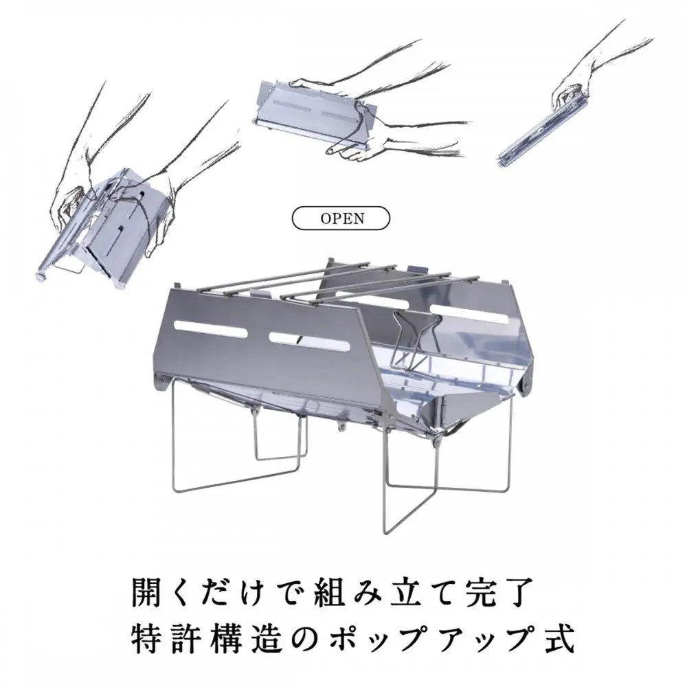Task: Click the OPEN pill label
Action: [x=341, y=218]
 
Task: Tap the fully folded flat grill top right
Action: [x=543, y=131]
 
